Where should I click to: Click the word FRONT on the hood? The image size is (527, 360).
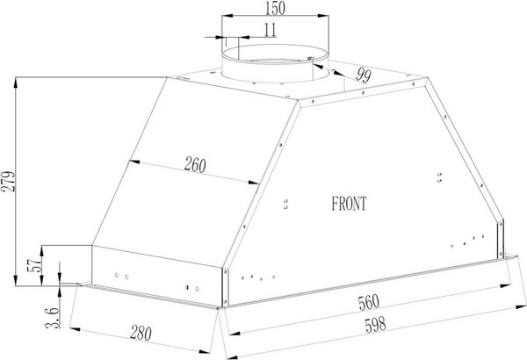point(350,203)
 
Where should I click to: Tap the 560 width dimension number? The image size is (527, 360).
point(368,304)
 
